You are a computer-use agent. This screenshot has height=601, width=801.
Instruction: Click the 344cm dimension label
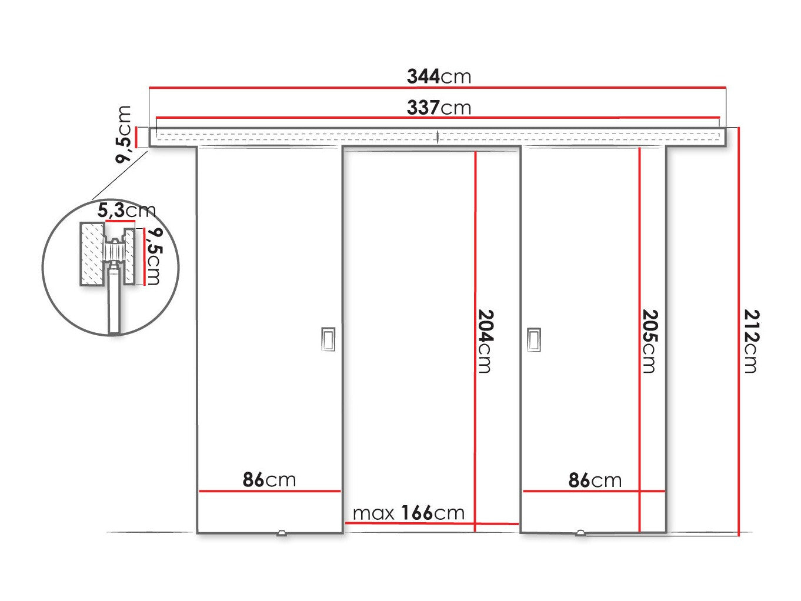[x=439, y=76]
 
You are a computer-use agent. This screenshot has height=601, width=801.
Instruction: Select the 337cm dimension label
[x=439, y=108]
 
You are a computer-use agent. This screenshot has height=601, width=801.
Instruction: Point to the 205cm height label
[x=650, y=341]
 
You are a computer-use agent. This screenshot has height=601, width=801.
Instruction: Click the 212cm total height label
[x=752, y=341]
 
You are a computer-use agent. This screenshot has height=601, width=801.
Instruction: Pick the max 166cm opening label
[x=408, y=513]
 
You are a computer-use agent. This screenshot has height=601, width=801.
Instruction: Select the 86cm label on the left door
[x=269, y=480]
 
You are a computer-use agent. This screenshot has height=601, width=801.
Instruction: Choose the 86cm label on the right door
[x=595, y=480]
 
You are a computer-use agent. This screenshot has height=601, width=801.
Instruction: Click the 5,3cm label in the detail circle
[x=126, y=211]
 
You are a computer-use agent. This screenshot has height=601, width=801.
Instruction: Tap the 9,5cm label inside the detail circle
[x=153, y=256]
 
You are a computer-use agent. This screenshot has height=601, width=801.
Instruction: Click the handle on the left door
[x=328, y=339]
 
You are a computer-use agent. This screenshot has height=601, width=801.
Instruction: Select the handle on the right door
[x=534, y=340]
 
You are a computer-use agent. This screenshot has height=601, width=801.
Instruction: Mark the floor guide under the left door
[x=281, y=533]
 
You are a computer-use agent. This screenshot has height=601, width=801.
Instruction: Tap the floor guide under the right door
[x=581, y=533]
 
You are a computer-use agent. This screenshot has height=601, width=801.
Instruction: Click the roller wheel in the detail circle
[x=114, y=251]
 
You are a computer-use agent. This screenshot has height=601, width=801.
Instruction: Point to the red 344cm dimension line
[x=438, y=88]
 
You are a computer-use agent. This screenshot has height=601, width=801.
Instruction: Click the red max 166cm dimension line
[x=432, y=523]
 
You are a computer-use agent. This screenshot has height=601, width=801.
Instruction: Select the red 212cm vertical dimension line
[x=739, y=332]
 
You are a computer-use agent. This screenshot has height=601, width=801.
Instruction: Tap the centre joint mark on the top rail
[x=438, y=136]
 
